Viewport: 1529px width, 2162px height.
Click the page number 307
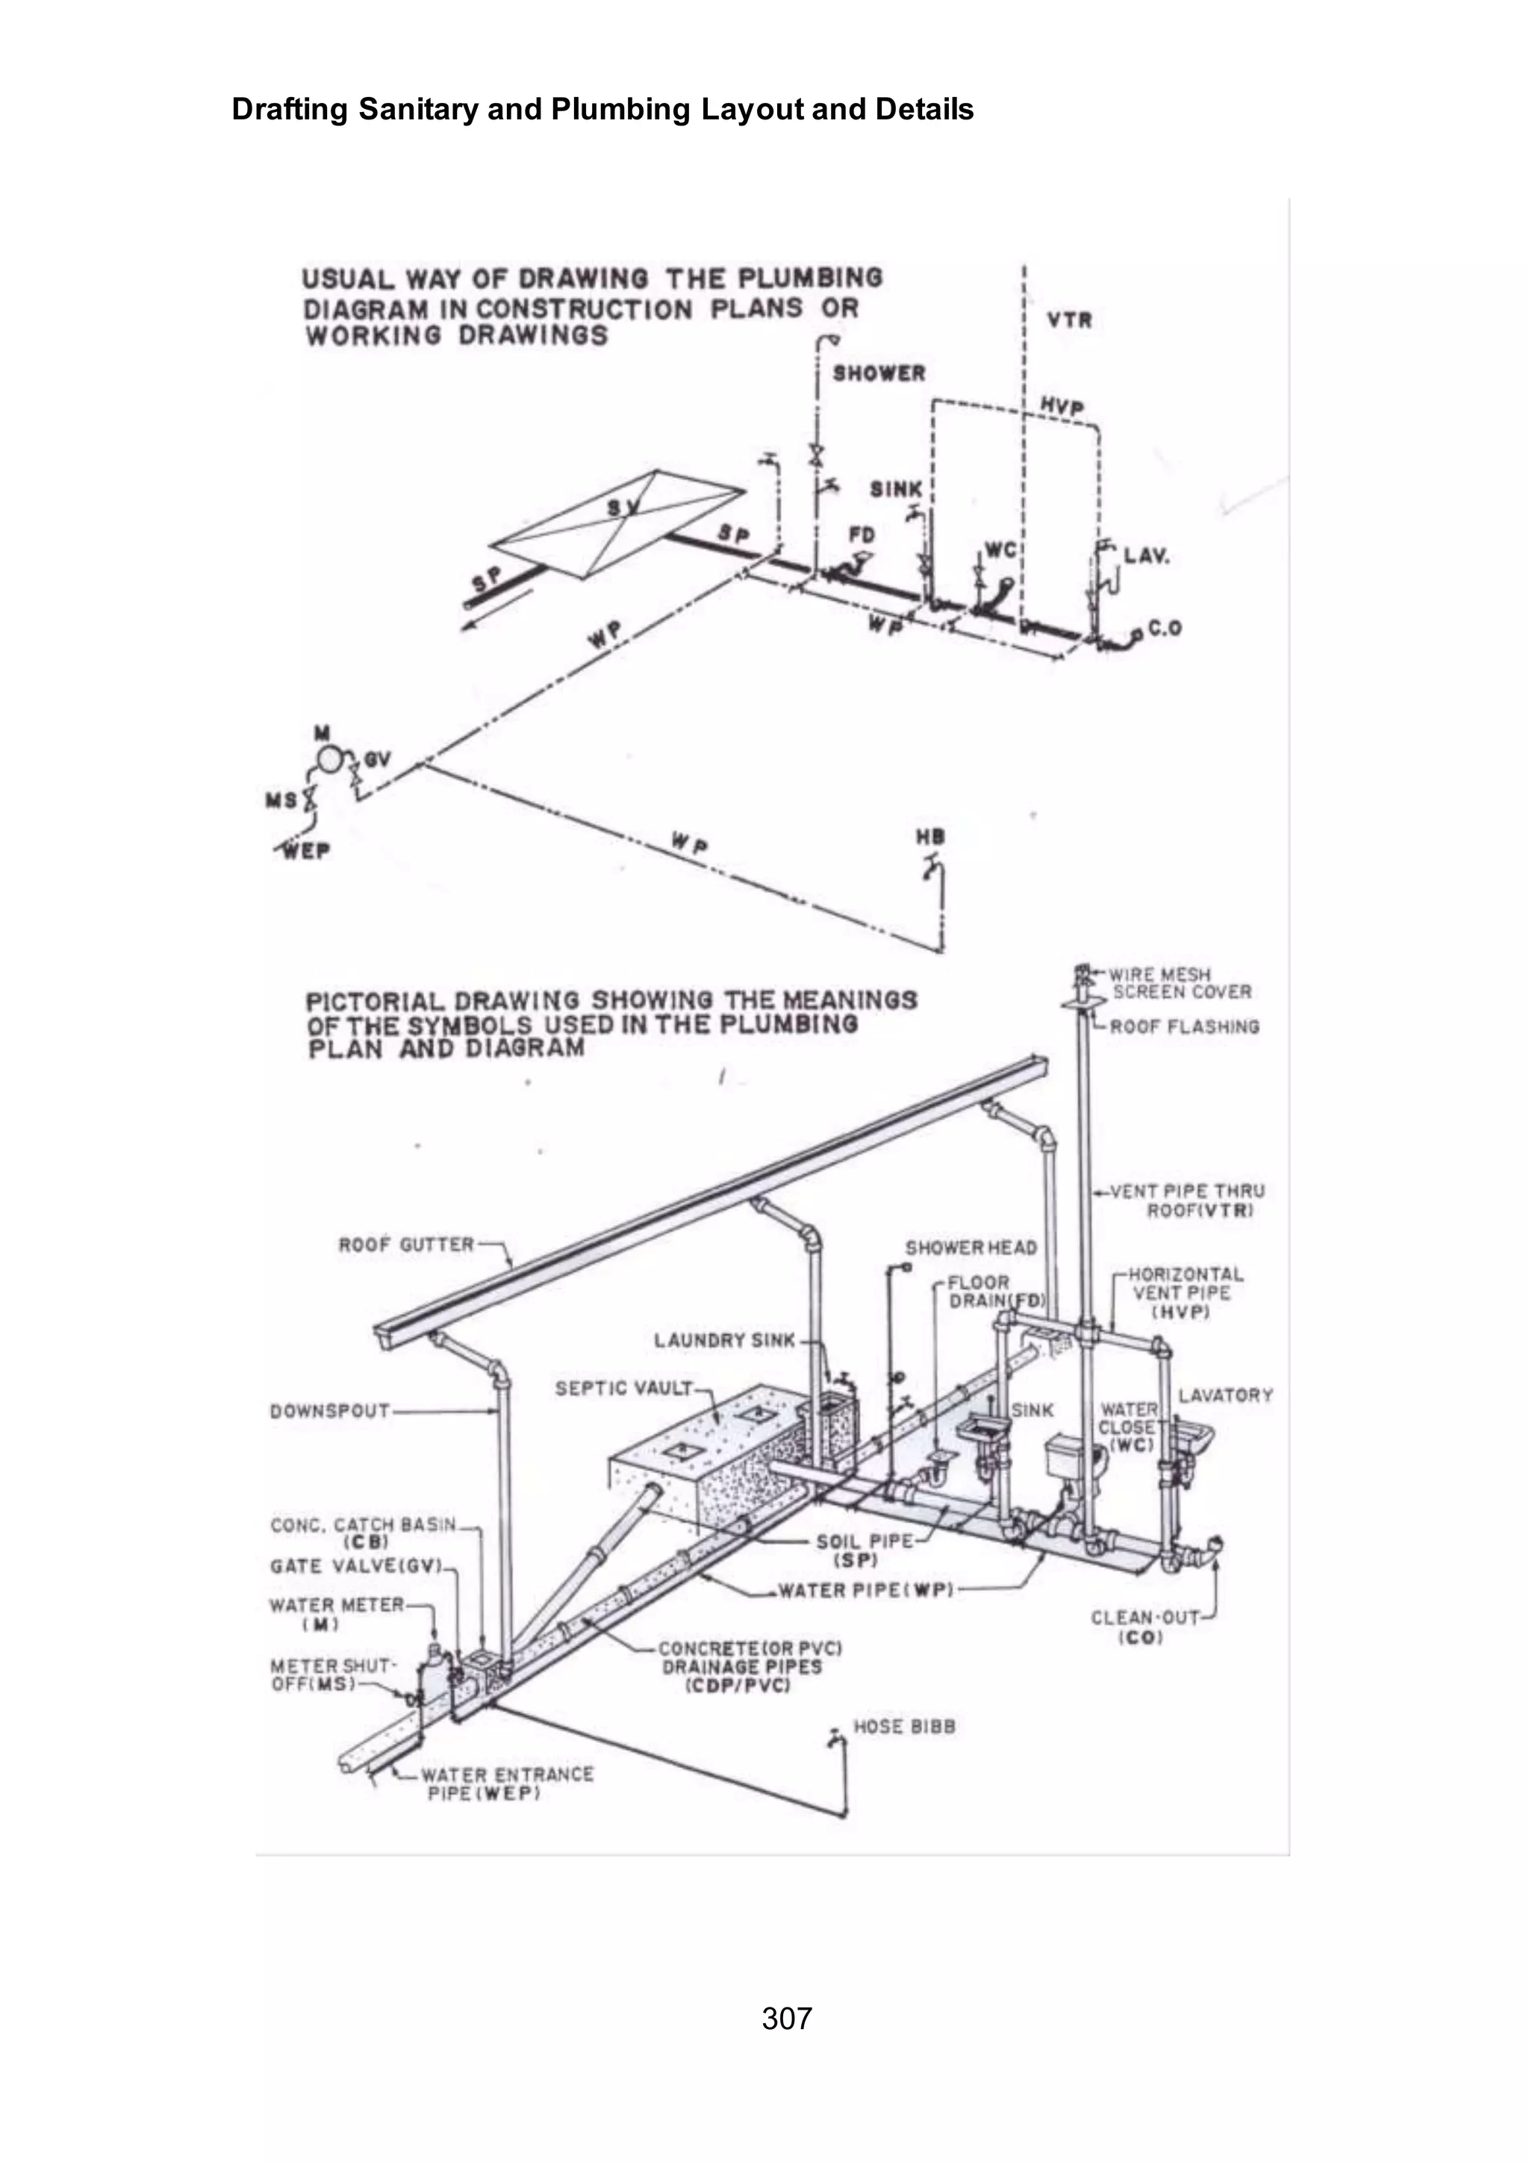(x=786, y=2018)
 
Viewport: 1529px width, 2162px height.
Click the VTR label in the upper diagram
(x=1070, y=320)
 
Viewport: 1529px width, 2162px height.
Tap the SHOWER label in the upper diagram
(x=879, y=374)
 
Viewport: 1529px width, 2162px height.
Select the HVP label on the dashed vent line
(x=1062, y=406)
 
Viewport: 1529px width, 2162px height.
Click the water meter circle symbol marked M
(x=329, y=759)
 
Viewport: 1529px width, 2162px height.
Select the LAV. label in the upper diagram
(x=1147, y=555)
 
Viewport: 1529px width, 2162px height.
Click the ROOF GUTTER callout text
(x=406, y=1244)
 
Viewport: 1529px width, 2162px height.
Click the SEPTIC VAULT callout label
(x=623, y=1388)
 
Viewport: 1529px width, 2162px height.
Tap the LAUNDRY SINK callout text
(x=724, y=1340)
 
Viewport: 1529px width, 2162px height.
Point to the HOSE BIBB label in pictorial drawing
(x=904, y=1727)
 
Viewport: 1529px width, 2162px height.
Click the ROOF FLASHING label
(x=1183, y=1027)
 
